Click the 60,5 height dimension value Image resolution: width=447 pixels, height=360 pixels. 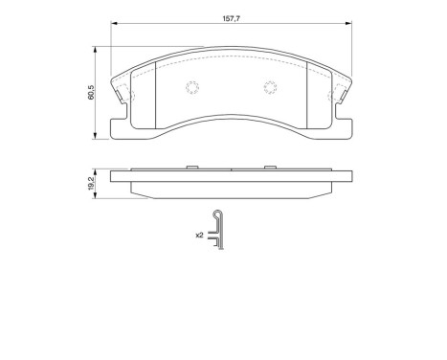point(91,95)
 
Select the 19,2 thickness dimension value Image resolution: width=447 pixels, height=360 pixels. point(91,182)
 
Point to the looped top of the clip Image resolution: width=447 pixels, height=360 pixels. point(218,214)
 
